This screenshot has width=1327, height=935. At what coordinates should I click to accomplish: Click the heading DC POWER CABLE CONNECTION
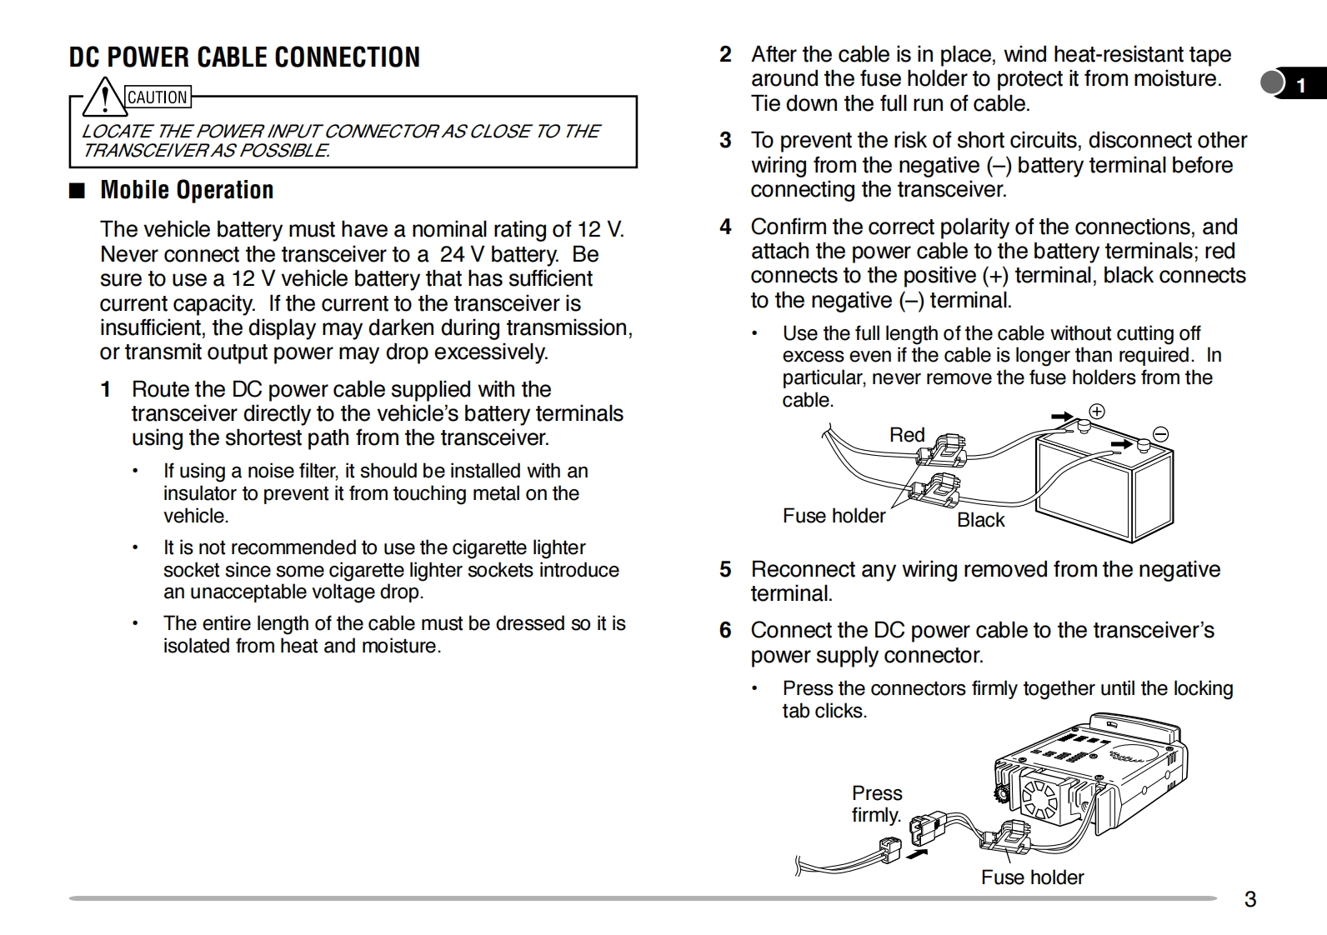(x=244, y=57)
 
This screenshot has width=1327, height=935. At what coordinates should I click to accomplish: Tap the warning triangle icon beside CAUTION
(x=104, y=97)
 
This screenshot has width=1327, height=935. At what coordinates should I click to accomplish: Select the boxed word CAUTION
(x=158, y=97)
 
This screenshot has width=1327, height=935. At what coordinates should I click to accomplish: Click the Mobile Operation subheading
(x=187, y=190)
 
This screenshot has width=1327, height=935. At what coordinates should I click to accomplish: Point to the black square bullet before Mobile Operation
(x=78, y=191)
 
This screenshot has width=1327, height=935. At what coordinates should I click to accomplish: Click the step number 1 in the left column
(x=106, y=389)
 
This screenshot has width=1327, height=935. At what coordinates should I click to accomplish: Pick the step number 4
(x=726, y=227)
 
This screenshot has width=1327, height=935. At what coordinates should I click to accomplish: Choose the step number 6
(x=726, y=630)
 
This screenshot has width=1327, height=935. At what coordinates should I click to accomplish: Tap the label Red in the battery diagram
(x=907, y=435)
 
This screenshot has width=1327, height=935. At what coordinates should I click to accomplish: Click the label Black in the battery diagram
(x=981, y=520)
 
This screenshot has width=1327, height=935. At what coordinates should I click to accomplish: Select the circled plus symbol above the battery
(x=1097, y=412)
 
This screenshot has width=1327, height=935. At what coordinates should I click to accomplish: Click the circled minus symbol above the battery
(x=1160, y=434)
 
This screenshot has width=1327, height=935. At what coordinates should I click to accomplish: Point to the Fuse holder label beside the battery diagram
(x=834, y=516)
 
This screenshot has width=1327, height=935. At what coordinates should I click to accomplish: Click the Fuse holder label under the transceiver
(x=1032, y=877)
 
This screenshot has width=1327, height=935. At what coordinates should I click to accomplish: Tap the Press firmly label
(x=877, y=803)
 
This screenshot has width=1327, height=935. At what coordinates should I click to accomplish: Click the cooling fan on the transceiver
(x=1039, y=795)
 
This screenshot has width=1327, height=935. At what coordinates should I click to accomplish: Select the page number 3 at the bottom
(x=1249, y=899)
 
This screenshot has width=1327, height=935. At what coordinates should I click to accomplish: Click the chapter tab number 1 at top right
(x=1300, y=85)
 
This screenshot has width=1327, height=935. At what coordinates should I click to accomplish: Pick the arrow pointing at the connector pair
(x=917, y=853)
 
